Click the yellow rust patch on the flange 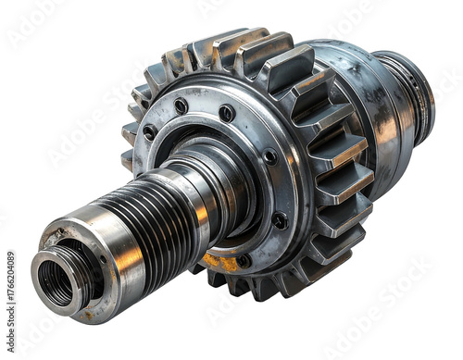(x=222, y=262)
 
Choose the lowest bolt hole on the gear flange (x=244, y=260)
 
